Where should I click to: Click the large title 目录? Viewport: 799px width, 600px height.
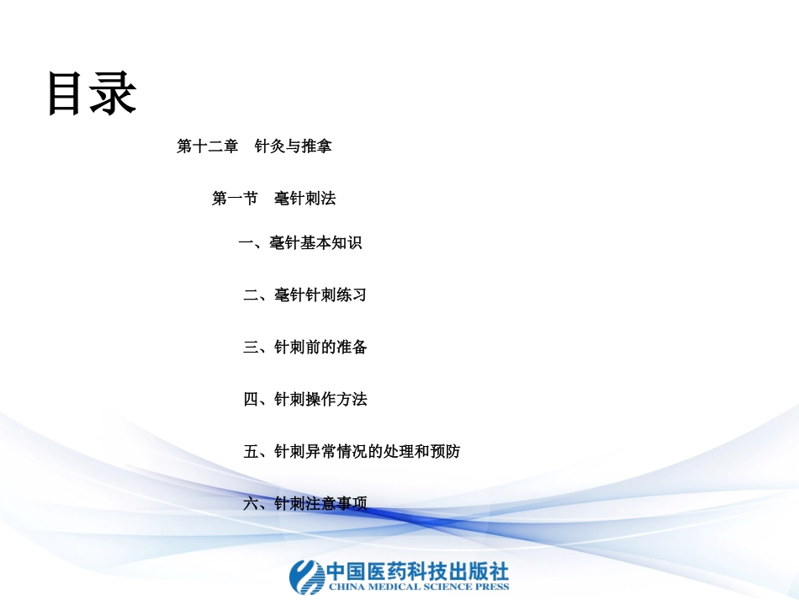91,93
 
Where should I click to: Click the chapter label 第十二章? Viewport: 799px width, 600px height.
207,146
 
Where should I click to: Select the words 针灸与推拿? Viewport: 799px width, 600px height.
294,146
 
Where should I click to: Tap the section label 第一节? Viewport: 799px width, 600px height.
235,199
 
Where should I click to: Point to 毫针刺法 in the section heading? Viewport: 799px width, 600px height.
304,199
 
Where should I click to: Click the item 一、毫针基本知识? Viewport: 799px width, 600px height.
300,243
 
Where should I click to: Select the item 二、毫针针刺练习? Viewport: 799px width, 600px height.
304,295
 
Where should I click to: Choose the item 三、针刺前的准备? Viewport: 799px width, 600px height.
304,347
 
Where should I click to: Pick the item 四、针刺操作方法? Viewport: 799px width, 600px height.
304,399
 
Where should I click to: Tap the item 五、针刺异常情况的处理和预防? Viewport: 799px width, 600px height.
352,451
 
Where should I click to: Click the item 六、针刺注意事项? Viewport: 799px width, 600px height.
304,503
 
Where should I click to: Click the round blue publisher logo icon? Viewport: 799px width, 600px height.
306,576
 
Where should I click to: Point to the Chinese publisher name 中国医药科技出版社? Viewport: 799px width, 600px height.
417,570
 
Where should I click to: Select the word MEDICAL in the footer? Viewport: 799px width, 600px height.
390,587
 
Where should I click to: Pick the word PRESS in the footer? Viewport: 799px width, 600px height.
492,587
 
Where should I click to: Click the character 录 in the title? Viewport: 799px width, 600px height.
114,93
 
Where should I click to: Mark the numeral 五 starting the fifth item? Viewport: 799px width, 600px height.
251,452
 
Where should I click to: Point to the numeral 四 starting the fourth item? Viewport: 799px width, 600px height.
251,400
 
